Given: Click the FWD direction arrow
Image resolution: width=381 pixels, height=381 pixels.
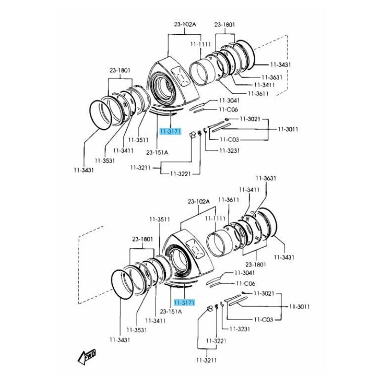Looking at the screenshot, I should click(87, 355).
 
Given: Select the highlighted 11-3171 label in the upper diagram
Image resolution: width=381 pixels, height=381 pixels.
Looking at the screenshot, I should click(170, 131).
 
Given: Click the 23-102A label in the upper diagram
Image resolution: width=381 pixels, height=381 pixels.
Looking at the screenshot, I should click(184, 24).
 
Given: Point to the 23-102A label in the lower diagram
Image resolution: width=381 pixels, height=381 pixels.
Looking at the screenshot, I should click(199, 201).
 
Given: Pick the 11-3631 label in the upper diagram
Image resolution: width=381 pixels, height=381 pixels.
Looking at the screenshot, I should click(272, 77).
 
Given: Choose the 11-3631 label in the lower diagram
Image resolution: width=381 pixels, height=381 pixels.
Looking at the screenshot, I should click(266, 179).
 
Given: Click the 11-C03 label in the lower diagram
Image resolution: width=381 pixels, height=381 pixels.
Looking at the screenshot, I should click(263, 320).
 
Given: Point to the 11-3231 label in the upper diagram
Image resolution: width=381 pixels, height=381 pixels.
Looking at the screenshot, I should click(229, 150).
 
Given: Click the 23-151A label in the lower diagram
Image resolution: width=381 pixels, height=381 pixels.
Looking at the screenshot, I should click(170, 311).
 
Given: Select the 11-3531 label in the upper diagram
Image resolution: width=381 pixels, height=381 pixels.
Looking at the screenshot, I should click(105, 160).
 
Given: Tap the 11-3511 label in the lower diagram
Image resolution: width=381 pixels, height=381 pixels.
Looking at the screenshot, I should click(160, 220).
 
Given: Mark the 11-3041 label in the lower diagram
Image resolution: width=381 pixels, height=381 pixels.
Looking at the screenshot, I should click(244, 273).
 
